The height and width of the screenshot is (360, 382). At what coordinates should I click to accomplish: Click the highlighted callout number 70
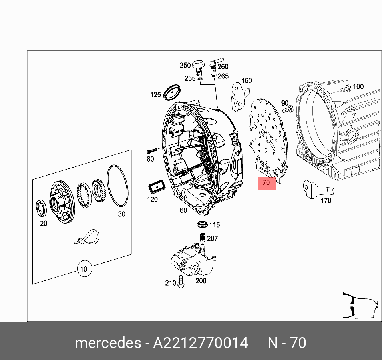click(267, 183)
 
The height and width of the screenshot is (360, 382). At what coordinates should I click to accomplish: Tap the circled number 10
click(84, 269)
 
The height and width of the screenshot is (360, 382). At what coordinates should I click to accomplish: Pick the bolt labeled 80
click(151, 151)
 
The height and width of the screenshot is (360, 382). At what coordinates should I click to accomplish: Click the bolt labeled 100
click(346, 88)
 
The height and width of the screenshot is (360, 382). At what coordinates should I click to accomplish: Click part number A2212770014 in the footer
click(201, 343)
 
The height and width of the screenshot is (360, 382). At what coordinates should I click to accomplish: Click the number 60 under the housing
click(183, 210)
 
